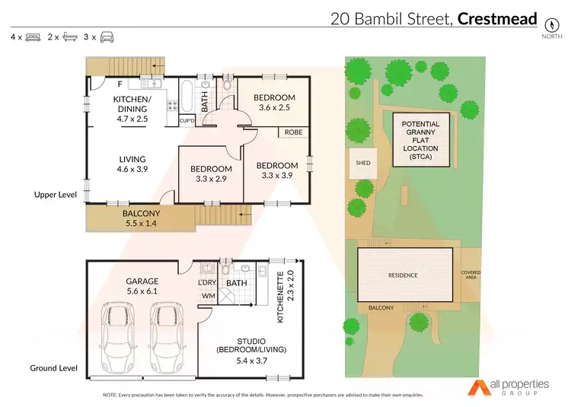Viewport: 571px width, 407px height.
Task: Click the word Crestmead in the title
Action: pos(497,18)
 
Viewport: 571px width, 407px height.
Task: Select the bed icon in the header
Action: pos(33,37)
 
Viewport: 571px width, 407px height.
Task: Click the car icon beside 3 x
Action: pos(107,37)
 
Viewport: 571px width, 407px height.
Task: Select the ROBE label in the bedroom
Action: pos(293,132)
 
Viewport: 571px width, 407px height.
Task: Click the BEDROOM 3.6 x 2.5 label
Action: pos(275,102)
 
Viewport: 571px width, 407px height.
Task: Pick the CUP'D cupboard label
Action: pos(187,120)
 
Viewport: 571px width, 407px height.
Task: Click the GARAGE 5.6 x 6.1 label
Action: pos(142,285)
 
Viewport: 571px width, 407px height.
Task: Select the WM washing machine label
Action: pos(207,296)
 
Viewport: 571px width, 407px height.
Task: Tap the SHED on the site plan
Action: pos(362,162)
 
